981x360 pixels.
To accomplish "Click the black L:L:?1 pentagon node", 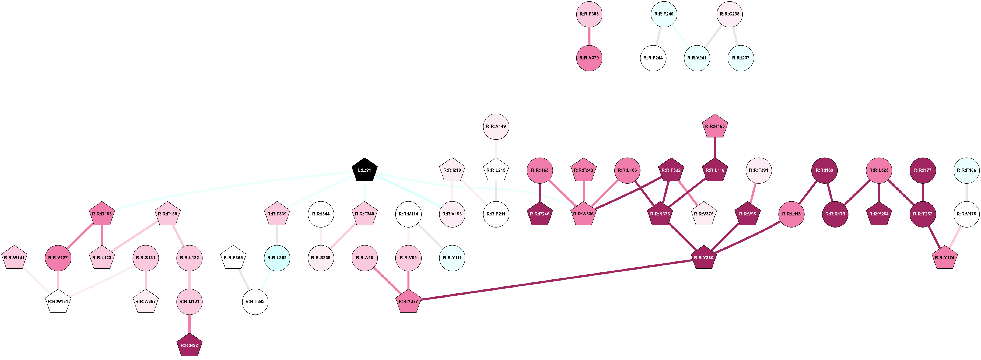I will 365,170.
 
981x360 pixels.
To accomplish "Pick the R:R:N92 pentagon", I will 190,345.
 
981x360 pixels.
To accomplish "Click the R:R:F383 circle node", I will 589,14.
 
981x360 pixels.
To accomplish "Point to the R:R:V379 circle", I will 589,58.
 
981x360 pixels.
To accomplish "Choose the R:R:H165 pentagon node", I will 715,127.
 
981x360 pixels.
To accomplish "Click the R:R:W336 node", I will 583,214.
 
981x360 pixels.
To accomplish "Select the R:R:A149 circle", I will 496,127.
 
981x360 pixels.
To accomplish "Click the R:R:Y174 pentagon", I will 945,258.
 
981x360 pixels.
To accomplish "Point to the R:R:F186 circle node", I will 966,170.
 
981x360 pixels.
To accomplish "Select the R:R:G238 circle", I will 730,14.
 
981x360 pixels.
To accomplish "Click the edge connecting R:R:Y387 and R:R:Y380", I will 556,279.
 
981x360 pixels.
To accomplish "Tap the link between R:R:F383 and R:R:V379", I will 589,36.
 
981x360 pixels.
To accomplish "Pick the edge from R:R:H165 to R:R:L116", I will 715,148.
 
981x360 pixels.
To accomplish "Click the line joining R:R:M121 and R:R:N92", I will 190,324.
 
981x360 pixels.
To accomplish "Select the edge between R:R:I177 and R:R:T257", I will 923,192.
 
